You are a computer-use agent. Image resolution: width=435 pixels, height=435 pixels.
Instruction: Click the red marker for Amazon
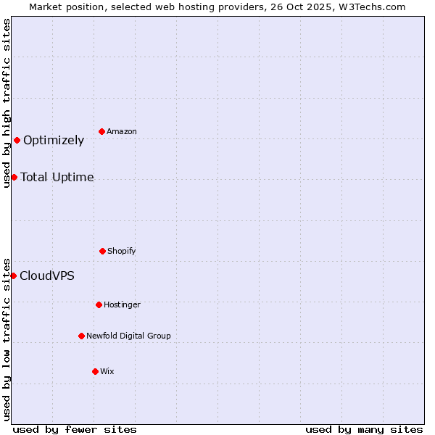coord(102,131)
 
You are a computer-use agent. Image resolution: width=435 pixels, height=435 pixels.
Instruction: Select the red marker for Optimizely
coord(17,140)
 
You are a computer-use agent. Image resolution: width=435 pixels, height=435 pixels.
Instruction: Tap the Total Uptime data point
coord(14,177)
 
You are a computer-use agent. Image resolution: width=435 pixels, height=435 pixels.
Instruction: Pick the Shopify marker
coord(102,251)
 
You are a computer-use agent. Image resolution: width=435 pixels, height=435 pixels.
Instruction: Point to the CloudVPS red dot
coord(13,275)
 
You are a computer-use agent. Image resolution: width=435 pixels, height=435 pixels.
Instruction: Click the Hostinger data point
coord(99,304)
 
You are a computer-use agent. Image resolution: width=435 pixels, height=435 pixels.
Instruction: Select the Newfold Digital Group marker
coord(81,336)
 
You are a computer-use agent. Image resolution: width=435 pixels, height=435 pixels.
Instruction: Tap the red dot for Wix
coord(95,371)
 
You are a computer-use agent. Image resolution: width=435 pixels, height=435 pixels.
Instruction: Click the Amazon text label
coord(122,132)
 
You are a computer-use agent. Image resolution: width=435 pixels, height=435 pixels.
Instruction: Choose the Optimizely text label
coord(54,141)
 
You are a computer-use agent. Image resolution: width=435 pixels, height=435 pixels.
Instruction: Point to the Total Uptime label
coord(57,178)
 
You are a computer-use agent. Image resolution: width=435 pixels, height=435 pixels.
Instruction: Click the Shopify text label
coord(122,252)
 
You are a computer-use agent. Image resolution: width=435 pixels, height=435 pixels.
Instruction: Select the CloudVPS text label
coord(47,276)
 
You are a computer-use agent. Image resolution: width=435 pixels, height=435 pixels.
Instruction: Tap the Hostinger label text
coord(122,305)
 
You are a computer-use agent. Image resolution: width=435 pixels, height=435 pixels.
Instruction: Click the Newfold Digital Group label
coord(128,336)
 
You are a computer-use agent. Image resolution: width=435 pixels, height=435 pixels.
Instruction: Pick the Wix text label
coord(107,372)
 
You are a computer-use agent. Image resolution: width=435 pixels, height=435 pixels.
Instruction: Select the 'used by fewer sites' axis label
coord(75,429)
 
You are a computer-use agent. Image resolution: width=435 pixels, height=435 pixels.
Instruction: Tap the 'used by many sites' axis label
coord(364,429)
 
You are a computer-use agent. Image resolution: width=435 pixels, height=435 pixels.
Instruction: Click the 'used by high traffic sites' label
coord(7,103)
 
